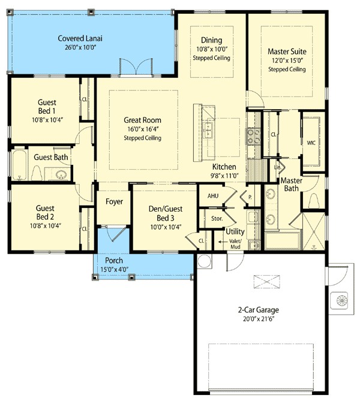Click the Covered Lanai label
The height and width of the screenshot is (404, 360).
(80, 38)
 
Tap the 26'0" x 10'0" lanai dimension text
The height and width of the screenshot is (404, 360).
(80, 47)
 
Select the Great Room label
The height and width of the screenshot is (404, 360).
(142, 120)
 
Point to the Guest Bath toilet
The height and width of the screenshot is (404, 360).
(37, 173)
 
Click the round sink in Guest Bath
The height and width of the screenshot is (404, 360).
(61, 174)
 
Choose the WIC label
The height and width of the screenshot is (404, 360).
(311, 143)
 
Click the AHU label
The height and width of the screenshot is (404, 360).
(213, 196)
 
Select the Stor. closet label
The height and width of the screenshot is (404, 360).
(217, 219)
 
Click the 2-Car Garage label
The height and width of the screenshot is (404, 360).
(259, 310)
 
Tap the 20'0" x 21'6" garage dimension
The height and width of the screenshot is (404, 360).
(259, 319)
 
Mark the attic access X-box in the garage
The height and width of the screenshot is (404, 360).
(266, 282)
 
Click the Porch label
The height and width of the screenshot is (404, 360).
(114, 261)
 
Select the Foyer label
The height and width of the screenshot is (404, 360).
(114, 201)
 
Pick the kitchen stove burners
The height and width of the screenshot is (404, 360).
(253, 137)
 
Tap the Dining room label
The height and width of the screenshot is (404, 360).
(211, 40)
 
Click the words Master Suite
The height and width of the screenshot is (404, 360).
(287, 52)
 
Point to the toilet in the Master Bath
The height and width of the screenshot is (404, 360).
(314, 201)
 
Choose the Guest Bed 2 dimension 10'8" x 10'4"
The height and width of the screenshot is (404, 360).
(46, 226)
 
